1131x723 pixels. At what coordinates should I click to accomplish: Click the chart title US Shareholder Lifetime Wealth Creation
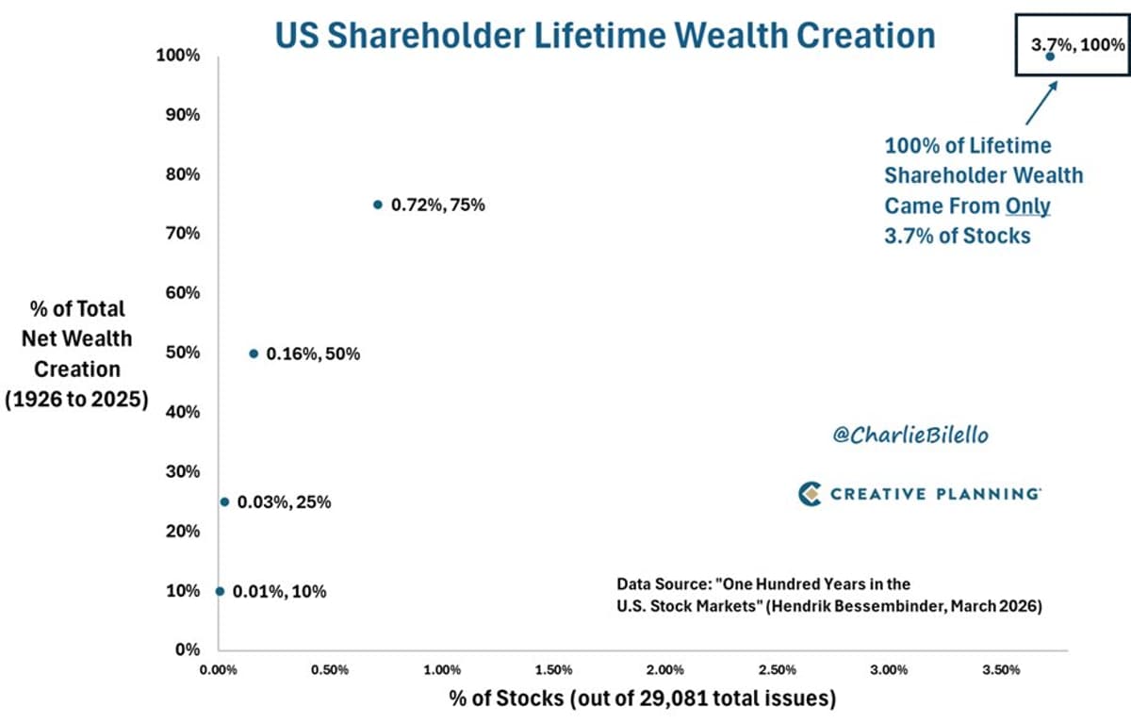(604, 35)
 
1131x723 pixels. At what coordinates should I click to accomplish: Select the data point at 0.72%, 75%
(378, 205)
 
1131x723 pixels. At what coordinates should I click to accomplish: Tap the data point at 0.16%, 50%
(254, 353)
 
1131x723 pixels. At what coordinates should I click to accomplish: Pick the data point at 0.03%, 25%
(224, 501)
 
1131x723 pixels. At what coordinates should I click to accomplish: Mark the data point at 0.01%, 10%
(221, 591)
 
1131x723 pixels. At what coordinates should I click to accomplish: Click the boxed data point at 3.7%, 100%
(1051, 57)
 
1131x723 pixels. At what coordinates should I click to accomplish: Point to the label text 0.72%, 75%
(438, 205)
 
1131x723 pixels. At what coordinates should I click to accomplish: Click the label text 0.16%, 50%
(313, 353)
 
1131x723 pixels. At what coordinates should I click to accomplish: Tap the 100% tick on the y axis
(180, 56)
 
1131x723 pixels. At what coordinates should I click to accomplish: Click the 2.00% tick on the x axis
(665, 670)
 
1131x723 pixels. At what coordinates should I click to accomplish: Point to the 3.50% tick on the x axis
(1001, 670)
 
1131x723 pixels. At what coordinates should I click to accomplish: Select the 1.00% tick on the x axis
(442, 670)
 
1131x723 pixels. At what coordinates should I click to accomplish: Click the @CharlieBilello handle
(897, 435)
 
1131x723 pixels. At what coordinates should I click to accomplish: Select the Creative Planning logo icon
(810, 494)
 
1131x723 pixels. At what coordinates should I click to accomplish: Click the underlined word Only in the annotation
(1027, 205)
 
